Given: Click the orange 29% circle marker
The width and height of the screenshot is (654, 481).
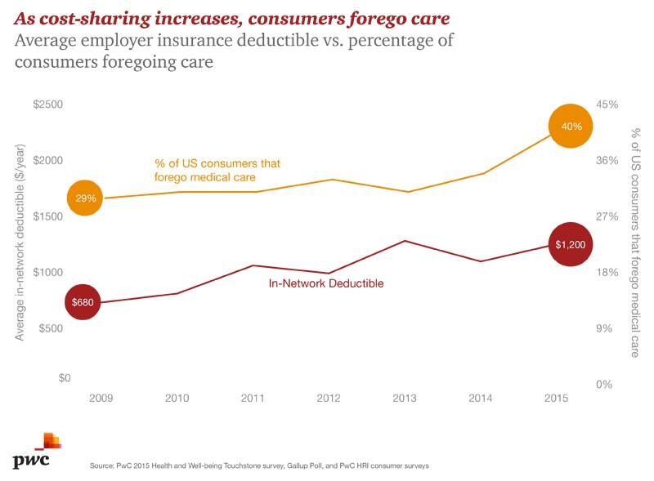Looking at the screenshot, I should tap(85, 198).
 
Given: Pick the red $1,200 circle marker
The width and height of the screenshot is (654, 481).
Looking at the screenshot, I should tap(570, 244).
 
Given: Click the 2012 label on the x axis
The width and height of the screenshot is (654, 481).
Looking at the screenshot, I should tap(329, 399).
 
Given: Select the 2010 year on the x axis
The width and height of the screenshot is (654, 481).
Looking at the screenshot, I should tap(177, 399).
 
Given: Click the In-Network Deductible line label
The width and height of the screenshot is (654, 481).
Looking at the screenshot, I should tap(326, 284).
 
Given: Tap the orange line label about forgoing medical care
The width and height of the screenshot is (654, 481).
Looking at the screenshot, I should tap(217, 170).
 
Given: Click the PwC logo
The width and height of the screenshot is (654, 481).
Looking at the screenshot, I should tap(34, 452).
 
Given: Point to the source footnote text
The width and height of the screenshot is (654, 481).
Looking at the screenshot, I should tap(260, 465).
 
